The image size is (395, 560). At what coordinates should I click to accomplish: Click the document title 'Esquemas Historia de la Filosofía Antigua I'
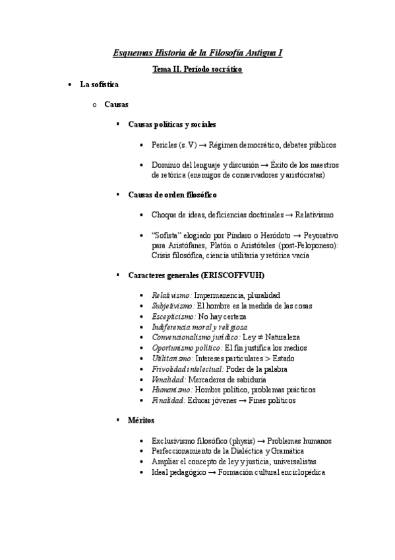point(197,52)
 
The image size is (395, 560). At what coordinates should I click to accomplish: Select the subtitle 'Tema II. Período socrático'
point(197,69)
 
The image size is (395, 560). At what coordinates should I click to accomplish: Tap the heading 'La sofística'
point(99,85)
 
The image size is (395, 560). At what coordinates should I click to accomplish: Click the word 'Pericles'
point(164,145)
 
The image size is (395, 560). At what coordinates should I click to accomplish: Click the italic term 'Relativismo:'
point(171,295)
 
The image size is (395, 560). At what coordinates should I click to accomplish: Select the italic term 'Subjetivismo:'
point(173,306)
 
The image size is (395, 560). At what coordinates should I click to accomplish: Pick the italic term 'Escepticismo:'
point(173,316)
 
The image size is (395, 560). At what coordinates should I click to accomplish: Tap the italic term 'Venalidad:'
point(168,380)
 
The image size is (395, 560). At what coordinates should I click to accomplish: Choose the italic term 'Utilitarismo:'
point(172,359)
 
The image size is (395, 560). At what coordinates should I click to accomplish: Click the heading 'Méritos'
point(142,421)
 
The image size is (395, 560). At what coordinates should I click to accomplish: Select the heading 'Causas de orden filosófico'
point(172,195)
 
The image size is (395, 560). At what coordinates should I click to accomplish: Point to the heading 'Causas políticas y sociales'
point(172,124)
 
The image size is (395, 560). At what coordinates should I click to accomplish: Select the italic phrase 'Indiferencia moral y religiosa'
point(200,327)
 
